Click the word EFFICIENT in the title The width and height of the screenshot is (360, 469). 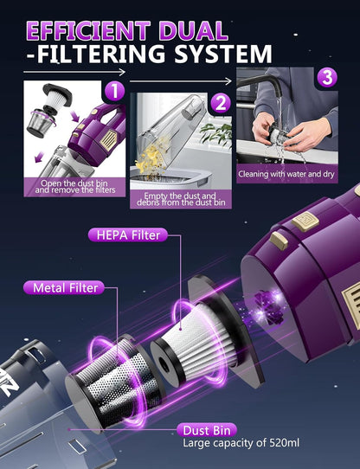(88, 31)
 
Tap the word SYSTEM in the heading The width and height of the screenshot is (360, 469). (223, 54)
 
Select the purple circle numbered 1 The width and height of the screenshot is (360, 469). (113, 91)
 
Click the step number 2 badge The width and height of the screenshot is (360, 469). (221, 104)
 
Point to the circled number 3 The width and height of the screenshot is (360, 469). (327, 77)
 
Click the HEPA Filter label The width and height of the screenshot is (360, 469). (128, 235)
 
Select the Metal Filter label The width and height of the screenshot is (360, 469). (64, 288)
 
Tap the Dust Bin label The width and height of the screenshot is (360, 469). (207, 430)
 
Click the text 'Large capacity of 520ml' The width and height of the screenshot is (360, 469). (241, 443)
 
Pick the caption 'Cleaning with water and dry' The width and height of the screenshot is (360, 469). (286, 174)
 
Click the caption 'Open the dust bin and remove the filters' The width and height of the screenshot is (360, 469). (74, 187)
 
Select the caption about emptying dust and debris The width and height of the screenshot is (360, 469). (181, 199)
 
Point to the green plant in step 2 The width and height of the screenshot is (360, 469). (216, 134)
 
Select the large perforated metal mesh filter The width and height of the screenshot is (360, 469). (112, 382)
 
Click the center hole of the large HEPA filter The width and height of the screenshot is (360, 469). (164, 365)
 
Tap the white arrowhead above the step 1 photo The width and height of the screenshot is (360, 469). (122, 72)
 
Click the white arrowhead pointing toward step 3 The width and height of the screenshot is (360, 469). (228, 81)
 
